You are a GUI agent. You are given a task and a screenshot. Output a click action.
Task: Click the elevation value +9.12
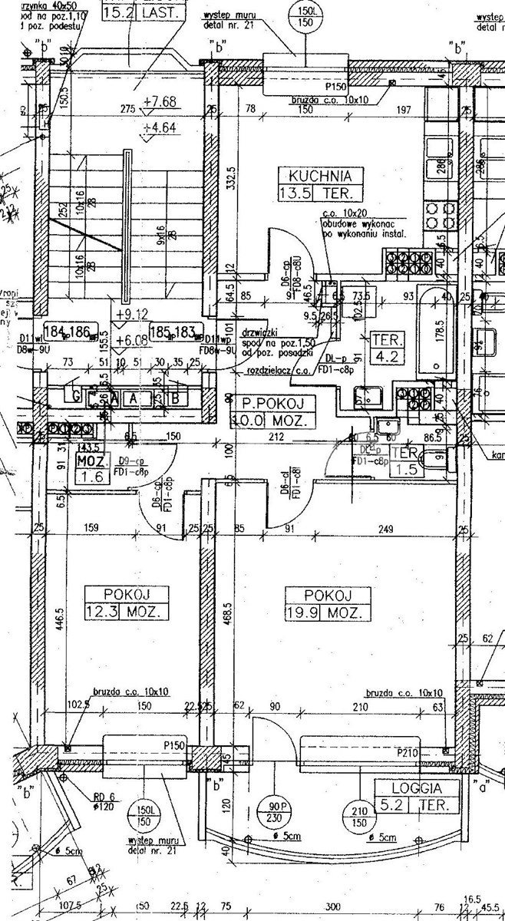[x=130, y=314]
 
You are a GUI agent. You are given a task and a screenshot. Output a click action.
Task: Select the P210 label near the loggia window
[x=408, y=753]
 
